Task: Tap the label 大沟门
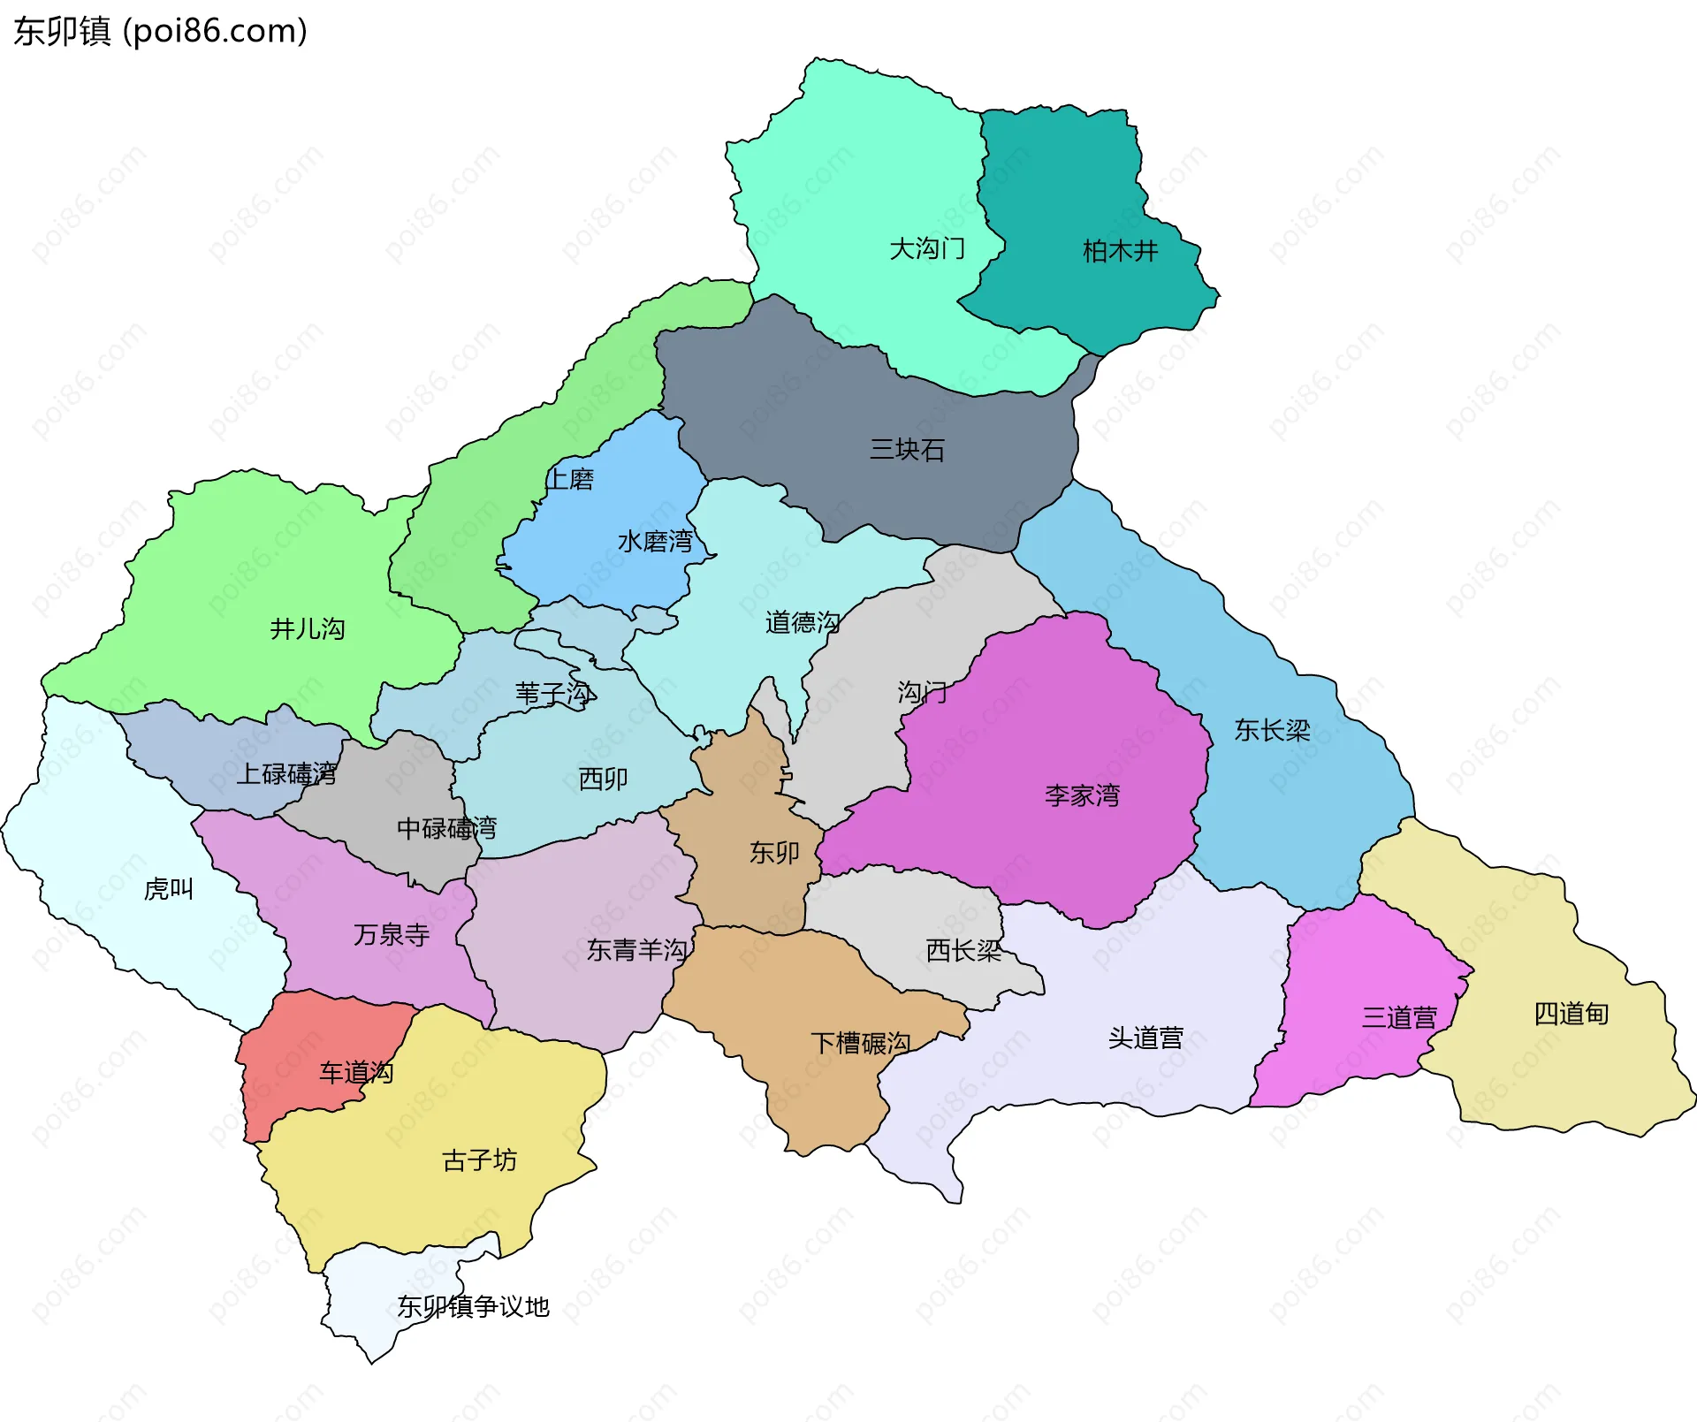(x=926, y=249)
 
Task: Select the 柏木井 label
(x=1120, y=252)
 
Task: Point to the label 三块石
(x=907, y=450)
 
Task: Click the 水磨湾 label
(x=655, y=541)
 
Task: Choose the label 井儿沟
(x=307, y=629)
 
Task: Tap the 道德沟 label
(x=802, y=623)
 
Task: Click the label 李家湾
(x=1082, y=795)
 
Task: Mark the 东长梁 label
(x=1272, y=730)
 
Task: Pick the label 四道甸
(x=1571, y=1014)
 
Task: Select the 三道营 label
(x=1399, y=1018)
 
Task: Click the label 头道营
(x=1145, y=1038)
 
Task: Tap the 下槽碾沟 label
(x=860, y=1044)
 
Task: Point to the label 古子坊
(x=479, y=1160)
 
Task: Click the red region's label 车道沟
(x=356, y=1073)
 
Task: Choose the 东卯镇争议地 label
(x=473, y=1306)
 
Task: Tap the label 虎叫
(x=168, y=889)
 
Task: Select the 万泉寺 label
(x=392, y=935)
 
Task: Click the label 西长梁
(x=963, y=951)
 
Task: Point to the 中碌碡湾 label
(x=446, y=828)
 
